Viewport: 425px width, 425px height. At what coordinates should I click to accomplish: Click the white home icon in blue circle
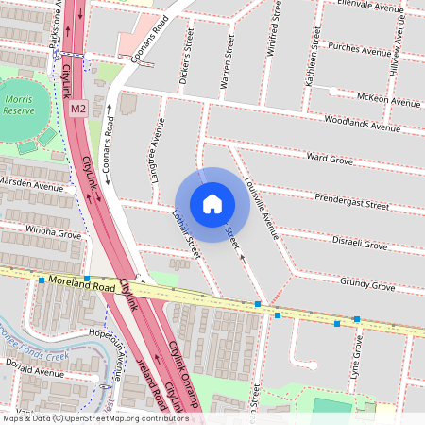pyautogui.click(x=212, y=204)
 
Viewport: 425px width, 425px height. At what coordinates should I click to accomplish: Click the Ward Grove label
pyautogui.click(x=330, y=159)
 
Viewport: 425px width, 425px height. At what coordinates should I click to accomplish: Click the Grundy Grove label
pyautogui.click(x=367, y=283)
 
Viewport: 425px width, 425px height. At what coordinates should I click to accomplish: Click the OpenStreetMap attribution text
pyautogui.click(x=94, y=417)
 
